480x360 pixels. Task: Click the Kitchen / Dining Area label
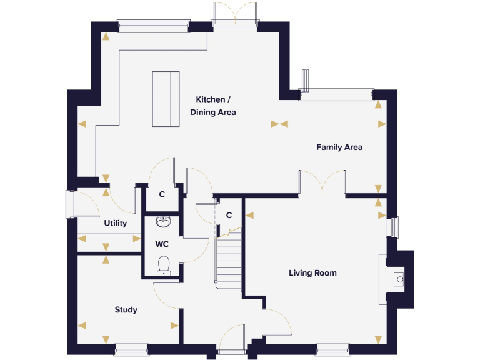point(213,106)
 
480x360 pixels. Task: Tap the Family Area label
point(339,147)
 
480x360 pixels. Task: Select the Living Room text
point(312,273)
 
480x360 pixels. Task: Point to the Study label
point(126,310)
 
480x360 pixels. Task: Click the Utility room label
point(116,223)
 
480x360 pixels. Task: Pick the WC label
point(162,244)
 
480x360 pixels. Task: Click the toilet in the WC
point(164,265)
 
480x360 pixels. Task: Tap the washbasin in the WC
point(164,222)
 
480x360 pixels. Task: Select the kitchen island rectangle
point(166,99)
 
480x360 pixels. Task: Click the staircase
point(229,259)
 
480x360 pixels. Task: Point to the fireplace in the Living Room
point(398,279)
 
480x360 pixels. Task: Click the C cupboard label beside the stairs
point(229,215)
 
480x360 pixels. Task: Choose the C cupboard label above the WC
point(162,194)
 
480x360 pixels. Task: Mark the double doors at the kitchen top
point(235,14)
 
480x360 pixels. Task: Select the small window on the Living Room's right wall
point(392,227)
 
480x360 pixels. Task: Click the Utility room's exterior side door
point(70,204)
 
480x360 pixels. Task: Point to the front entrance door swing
point(232,337)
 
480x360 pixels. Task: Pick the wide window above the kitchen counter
point(153,25)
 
